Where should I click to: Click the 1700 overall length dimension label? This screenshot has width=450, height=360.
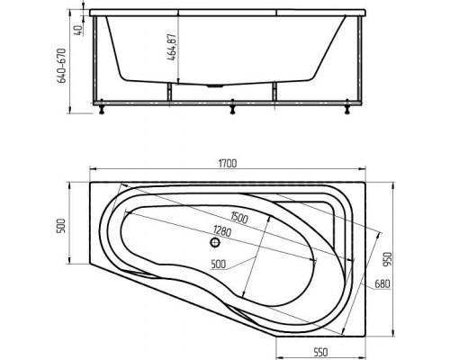(x=228, y=164)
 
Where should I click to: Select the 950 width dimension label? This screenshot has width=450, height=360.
(x=388, y=259)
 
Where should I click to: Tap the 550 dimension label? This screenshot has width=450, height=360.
(x=320, y=352)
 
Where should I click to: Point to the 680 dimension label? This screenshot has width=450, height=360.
(x=382, y=283)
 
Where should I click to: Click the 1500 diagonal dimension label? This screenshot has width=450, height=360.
(x=239, y=217)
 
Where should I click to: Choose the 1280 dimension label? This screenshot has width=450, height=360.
(x=222, y=231)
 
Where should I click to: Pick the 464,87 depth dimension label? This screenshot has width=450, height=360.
(x=172, y=47)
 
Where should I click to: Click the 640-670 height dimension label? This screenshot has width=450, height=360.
(x=61, y=66)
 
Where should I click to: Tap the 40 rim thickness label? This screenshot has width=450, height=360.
(x=77, y=31)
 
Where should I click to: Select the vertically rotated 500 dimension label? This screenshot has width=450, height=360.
(x=60, y=226)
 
